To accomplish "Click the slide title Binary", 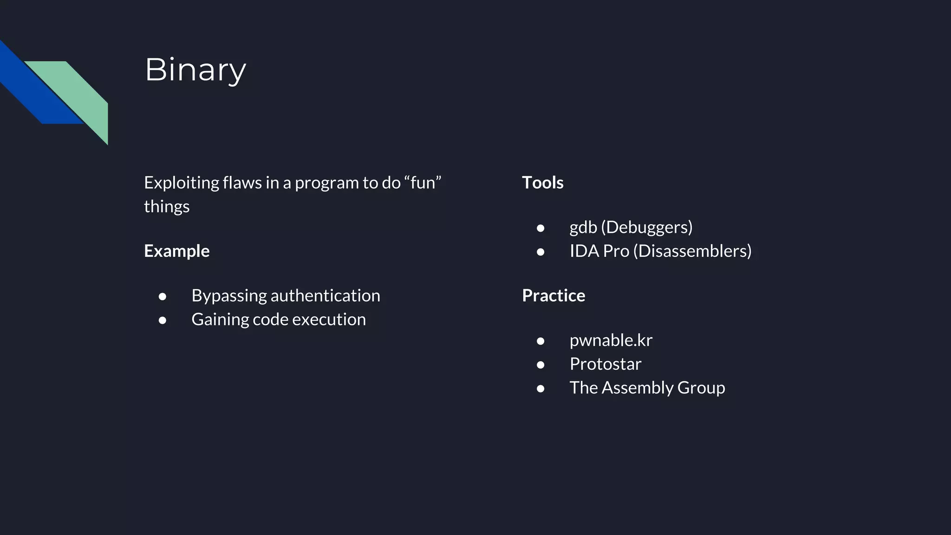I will coord(195,70).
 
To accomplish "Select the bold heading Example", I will coord(176,251).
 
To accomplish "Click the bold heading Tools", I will coord(542,183).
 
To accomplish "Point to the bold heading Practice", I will coord(554,295).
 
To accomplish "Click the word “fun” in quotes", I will coord(423,183).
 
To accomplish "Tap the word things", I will coord(166,206).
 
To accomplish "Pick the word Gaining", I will coord(220,320).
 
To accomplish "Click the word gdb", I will coord(583,228).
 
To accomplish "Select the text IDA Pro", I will coord(599,251).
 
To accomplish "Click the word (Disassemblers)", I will coord(692,251).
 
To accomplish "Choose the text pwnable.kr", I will coord(611,340).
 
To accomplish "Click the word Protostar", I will coord(605,364).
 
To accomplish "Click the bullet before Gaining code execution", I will coord(163,320).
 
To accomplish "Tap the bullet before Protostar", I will coord(541,365).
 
